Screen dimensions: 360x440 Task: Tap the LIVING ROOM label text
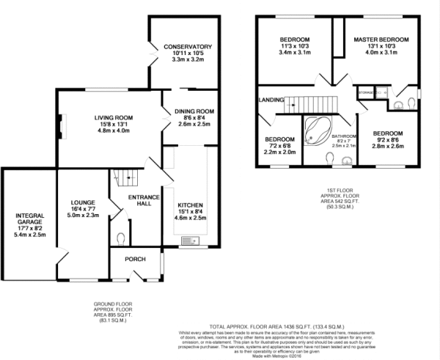pos(112,117)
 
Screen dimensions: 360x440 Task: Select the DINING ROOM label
pos(194,111)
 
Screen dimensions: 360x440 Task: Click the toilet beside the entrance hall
pos(121,238)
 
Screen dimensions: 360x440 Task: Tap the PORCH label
pos(126,259)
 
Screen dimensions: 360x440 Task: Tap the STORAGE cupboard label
pos(366,93)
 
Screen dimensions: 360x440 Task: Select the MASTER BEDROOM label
pos(381,39)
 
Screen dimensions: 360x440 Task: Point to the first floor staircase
pos(308,103)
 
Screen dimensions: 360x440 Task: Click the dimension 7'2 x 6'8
pos(280,147)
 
